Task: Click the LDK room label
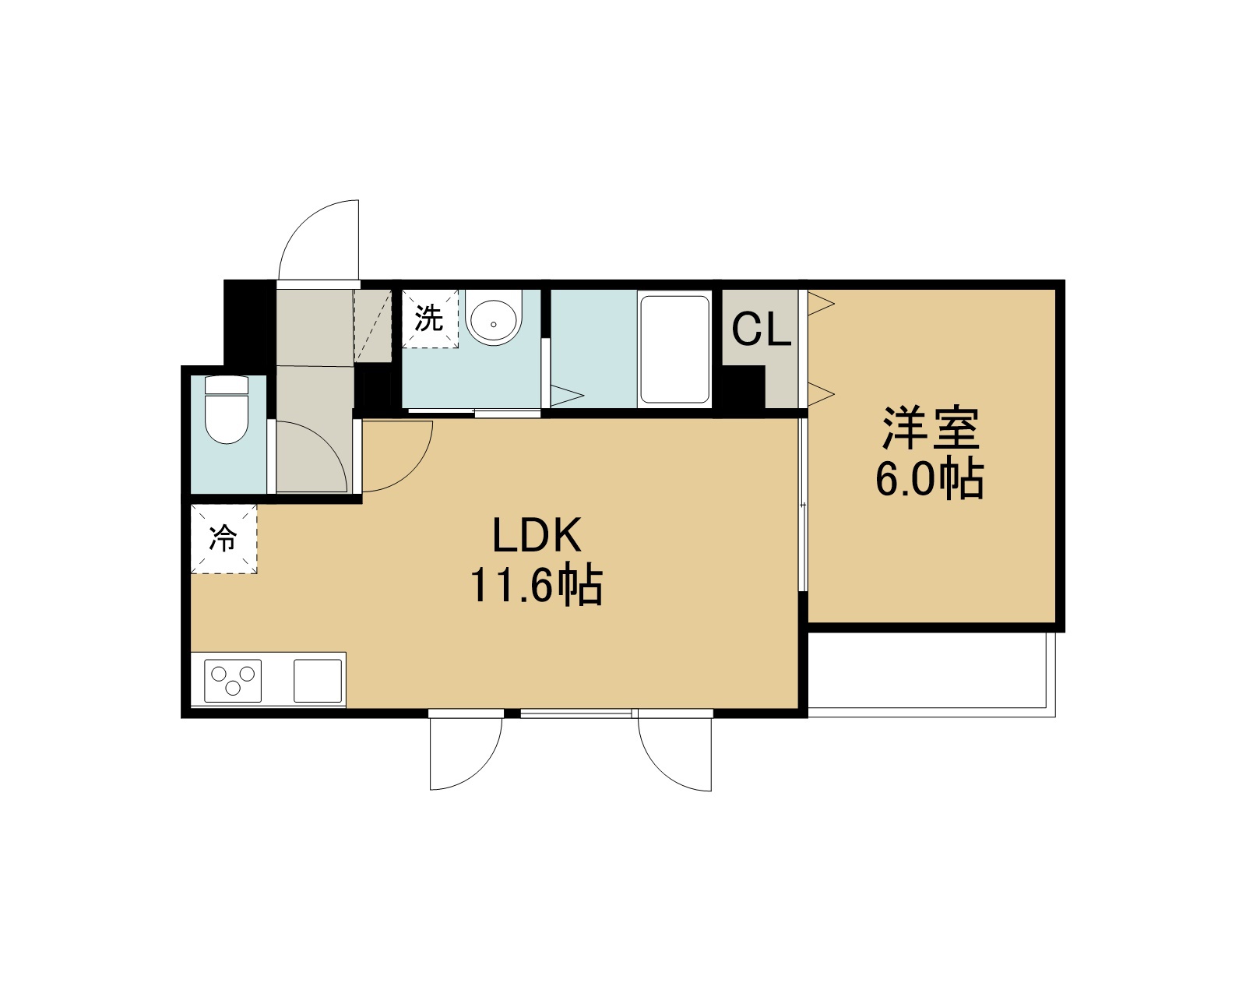(x=536, y=535)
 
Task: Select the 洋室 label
(x=930, y=428)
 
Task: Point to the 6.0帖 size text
(x=929, y=478)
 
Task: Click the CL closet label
(x=761, y=329)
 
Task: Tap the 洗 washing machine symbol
(x=430, y=318)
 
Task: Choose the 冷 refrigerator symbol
(x=224, y=538)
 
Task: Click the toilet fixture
(x=227, y=410)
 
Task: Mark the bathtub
(x=674, y=349)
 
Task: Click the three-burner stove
(x=233, y=680)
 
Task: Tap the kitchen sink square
(x=317, y=680)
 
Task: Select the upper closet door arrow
(x=821, y=304)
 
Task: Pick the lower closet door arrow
(x=821, y=394)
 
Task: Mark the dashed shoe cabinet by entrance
(x=373, y=326)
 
